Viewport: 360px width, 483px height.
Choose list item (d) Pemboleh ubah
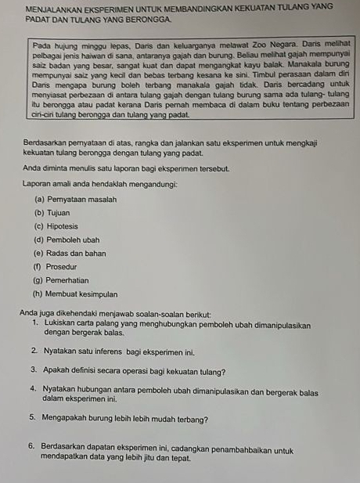[67, 240]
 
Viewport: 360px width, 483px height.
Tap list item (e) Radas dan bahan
[73, 253]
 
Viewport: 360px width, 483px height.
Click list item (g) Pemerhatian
[62, 279]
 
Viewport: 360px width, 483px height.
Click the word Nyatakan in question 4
[59, 390]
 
